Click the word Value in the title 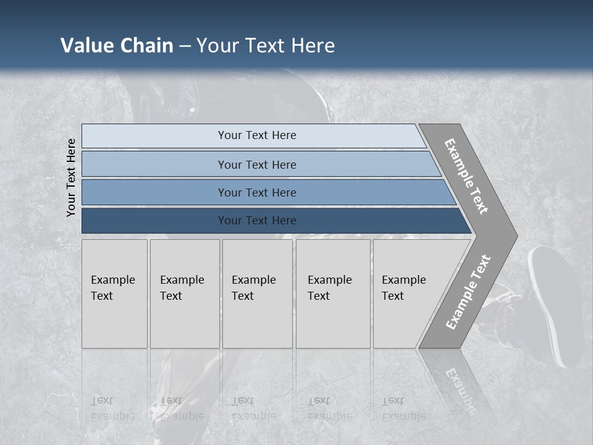point(86,46)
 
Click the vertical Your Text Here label point(71,177)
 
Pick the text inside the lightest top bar point(257,135)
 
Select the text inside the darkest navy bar point(257,221)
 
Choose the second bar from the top point(257,164)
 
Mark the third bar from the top point(257,192)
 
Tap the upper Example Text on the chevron point(466,176)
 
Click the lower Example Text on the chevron point(468,292)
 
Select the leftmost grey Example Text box point(114,294)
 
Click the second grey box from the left point(185,294)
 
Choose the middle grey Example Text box point(257,294)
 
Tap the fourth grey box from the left point(333,294)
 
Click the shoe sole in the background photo point(556,303)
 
